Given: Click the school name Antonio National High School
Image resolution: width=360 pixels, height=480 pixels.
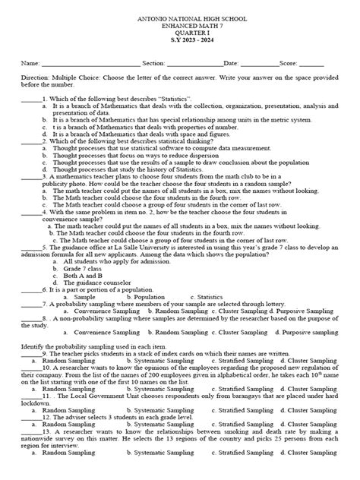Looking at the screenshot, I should [180, 16].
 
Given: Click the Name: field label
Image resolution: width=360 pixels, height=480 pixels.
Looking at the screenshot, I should [30, 64].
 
